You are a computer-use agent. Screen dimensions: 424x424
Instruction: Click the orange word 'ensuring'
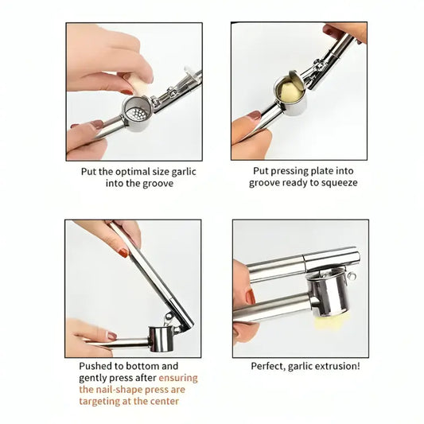(x=178, y=377)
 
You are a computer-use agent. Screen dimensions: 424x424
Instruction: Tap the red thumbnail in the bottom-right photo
(x=250, y=298)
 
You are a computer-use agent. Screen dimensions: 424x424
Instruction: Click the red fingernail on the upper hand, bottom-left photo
(x=123, y=252)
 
